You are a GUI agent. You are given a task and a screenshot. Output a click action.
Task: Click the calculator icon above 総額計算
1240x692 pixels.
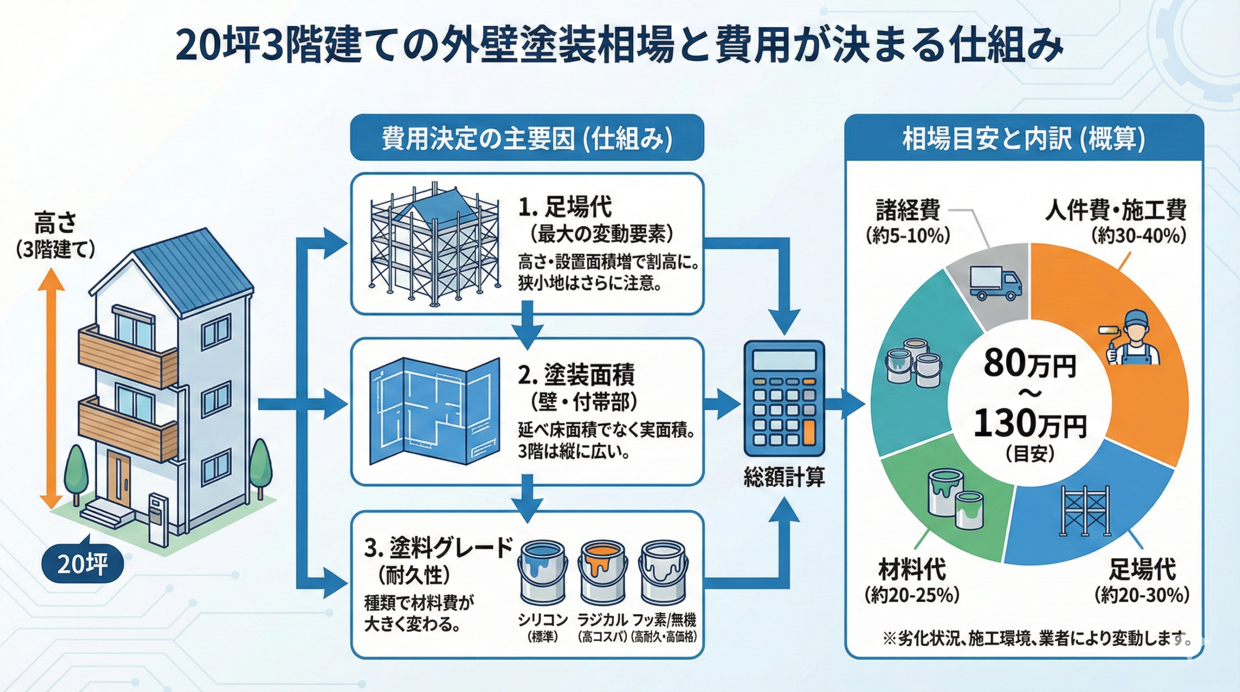(783, 398)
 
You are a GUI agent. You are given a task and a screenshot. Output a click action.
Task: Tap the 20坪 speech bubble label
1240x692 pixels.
(82, 564)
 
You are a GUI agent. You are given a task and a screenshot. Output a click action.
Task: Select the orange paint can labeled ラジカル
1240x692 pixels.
(602, 576)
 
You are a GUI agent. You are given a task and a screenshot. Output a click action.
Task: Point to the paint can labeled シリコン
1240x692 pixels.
(542, 576)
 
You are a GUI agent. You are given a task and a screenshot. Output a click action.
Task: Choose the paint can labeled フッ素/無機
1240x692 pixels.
(663, 576)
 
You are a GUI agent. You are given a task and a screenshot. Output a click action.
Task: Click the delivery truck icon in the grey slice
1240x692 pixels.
(995, 284)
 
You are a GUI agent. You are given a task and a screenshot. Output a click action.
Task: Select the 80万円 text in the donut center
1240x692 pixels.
(1029, 364)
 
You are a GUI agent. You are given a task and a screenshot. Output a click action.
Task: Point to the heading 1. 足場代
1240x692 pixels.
(565, 207)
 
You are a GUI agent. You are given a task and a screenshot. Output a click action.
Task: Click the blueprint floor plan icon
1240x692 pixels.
(434, 411)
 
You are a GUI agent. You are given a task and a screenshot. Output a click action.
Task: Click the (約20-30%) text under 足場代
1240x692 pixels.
(1142, 595)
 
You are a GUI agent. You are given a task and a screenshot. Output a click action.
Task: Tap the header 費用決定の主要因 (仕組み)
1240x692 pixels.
(527, 139)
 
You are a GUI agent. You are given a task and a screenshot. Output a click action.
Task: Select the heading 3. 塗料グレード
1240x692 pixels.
(438, 548)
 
